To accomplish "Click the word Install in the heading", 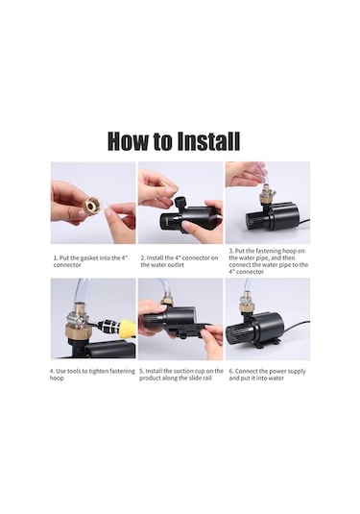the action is (x=208, y=141).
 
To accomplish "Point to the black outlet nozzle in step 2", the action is (x=180, y=203).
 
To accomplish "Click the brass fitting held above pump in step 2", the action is (x=171, y=189).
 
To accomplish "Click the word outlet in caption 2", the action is (x=176, y=265).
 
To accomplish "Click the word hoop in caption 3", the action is (x=297, y=251).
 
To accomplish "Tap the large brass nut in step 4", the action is (x=78, y=330).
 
